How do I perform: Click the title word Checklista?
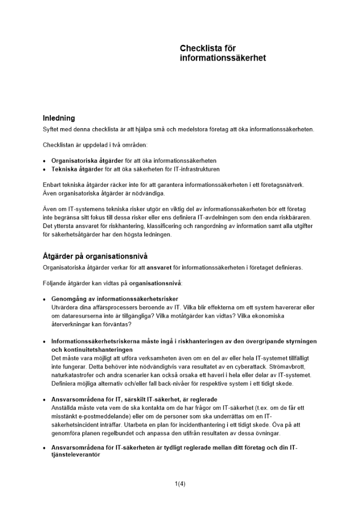(201, 48)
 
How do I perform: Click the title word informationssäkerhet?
(223, 58)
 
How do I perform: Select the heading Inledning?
(59, 118)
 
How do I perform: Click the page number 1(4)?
(180, 484)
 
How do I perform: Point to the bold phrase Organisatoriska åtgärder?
(87, 160)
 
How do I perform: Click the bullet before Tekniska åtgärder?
(45, 169)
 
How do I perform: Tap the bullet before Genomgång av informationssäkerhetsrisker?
(45, 299)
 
